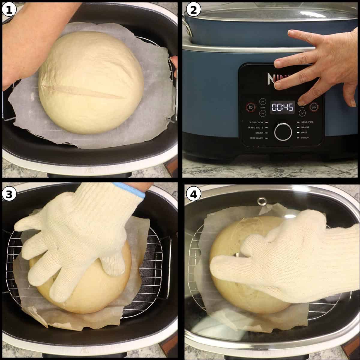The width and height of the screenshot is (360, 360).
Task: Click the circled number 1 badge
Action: (9, 10)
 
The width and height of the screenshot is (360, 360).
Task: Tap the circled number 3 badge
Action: (9, 194)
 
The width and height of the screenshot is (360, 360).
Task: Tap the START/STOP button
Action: (314, 106)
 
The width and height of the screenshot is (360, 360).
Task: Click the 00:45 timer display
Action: (283, 107)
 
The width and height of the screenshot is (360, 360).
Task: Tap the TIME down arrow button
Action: (302, 113)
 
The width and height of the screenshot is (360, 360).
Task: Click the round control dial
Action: (283, 131)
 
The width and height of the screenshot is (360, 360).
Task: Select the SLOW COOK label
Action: (256, 122)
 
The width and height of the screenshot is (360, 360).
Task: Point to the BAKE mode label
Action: (304, 133)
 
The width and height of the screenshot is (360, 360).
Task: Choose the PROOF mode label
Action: (305, 138)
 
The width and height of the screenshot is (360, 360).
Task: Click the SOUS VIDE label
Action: (307, 122)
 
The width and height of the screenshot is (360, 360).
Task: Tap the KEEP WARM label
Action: (256, 138)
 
